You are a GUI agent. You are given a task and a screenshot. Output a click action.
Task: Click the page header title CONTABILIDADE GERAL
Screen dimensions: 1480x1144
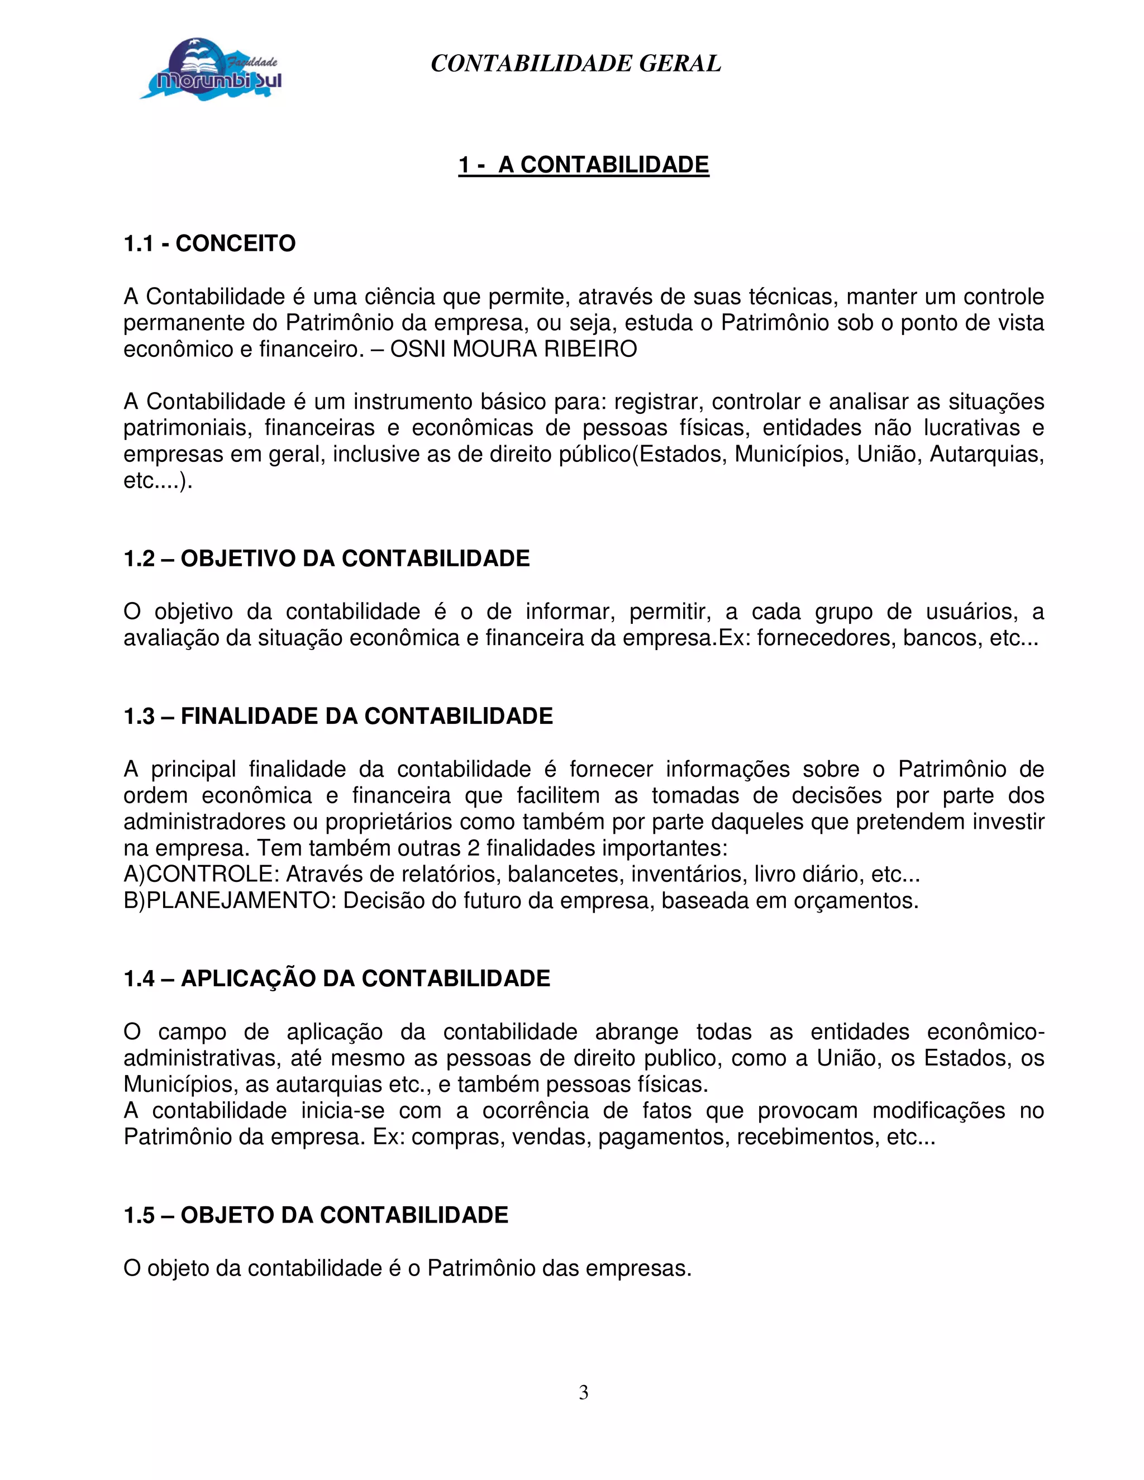click(575, 64)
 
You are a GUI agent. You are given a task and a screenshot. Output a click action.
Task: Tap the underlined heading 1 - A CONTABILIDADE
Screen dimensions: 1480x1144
click(584, 165)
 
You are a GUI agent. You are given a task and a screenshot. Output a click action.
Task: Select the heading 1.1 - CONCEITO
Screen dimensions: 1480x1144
click(209, 244)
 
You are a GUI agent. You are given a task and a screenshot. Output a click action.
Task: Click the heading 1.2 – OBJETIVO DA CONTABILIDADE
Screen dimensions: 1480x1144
click(327, 558)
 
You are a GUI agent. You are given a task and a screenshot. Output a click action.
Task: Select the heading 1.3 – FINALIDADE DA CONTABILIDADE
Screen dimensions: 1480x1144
click(338, 717)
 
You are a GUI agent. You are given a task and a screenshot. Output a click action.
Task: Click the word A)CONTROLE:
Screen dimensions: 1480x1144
click(201, 874)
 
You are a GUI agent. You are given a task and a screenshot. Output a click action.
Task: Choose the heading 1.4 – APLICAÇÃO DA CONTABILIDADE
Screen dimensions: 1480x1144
click(337, 978)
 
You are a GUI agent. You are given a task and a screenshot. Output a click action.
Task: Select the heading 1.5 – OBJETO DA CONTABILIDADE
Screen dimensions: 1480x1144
click(316, 1215)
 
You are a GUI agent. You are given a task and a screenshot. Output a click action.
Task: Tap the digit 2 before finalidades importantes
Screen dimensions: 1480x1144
click(474, 848)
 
